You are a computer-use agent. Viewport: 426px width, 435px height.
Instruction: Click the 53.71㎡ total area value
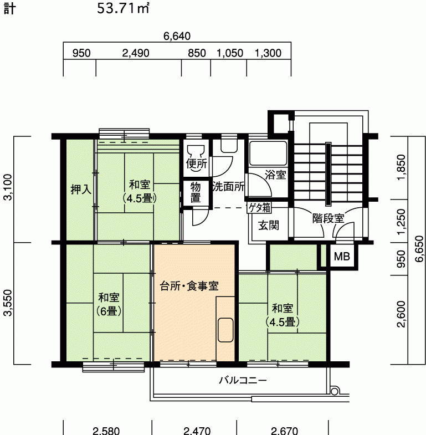click(123, 9)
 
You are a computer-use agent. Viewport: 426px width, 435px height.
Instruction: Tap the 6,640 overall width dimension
click(177, 36)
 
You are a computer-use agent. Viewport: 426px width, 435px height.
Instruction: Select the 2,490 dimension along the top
click(136, 53)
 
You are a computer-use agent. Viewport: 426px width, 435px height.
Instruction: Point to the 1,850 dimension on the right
click(401, 167)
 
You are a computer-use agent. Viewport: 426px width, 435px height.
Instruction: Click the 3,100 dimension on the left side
click(8, 187)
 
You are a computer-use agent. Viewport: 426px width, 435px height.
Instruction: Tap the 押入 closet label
click(81, 190)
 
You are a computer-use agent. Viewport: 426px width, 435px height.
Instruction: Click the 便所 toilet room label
click(196, 163)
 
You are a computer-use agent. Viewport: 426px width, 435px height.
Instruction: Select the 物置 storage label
click(196, 192)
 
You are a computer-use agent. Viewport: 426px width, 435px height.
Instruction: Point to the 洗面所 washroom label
click(229, 187)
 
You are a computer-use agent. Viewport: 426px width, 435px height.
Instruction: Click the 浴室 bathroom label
click(275, 175)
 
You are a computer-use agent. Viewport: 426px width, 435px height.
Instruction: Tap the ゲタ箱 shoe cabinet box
click(259, 207)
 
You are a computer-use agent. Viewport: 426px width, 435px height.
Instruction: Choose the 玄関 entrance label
click(269, 226)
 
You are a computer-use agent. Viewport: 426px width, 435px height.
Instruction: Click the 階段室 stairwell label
click(329, 218)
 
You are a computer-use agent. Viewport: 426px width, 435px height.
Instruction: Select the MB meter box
click(342, 257)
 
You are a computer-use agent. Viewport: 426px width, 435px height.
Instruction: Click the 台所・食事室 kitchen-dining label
click(189, 286)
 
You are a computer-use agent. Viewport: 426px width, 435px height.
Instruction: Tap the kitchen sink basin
click(225, 330)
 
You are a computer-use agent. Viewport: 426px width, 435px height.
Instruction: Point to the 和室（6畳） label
click(109, 304)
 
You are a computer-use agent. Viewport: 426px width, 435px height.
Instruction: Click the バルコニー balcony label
click(243, 380)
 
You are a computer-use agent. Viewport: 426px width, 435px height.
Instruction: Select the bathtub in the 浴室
click(268, 153)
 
